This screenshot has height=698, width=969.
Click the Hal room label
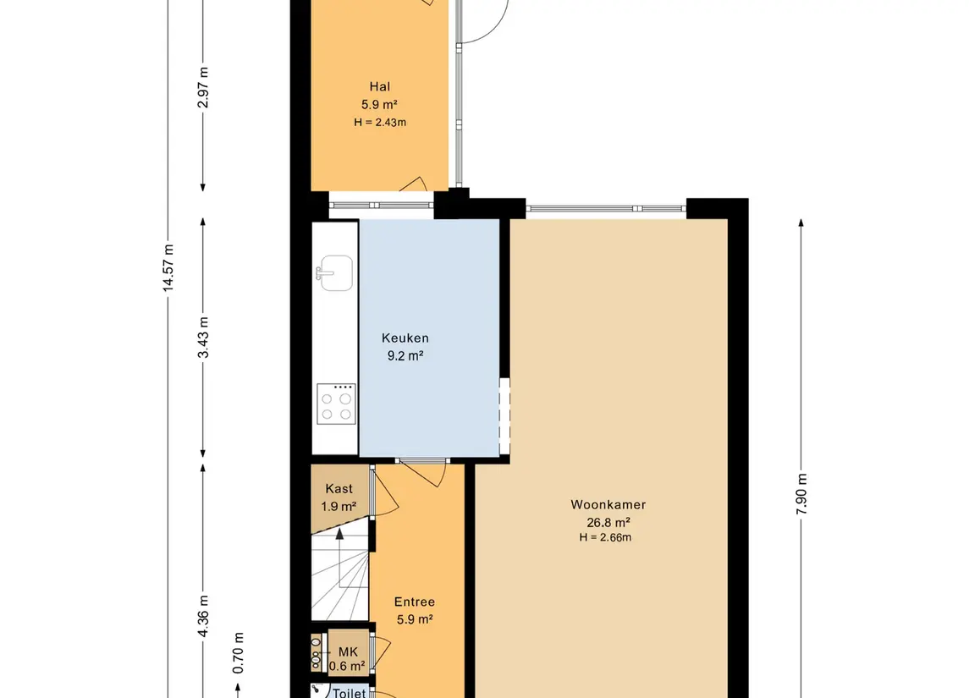click(379, 86)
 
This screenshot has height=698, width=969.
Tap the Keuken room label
click(405, 338)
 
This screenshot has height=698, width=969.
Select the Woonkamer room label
click(608, 504)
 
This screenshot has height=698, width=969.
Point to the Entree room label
click(415, 602)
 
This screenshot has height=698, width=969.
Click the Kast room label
click(339, 489)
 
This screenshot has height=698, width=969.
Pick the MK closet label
click(348, 651)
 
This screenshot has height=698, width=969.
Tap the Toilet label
click(350, 693)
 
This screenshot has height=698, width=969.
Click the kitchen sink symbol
click(334, 272)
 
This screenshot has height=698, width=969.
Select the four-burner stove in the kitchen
click(336, 404)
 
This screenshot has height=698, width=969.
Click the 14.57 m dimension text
click(168, 267)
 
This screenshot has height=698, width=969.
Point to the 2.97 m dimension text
click(203, 87)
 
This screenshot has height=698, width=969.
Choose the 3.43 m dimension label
click(203, 338)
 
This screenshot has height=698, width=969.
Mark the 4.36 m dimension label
click(203, 616)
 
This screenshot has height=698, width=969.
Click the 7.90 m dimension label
click(801, 494)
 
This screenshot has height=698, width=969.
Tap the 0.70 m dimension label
click(238, 653)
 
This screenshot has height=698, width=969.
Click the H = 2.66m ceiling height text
click(605, 537)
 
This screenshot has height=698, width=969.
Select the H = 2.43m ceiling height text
click(380, 123)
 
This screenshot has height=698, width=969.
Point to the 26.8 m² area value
click(608, 523)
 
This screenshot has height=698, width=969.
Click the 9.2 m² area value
click(405, 356)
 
